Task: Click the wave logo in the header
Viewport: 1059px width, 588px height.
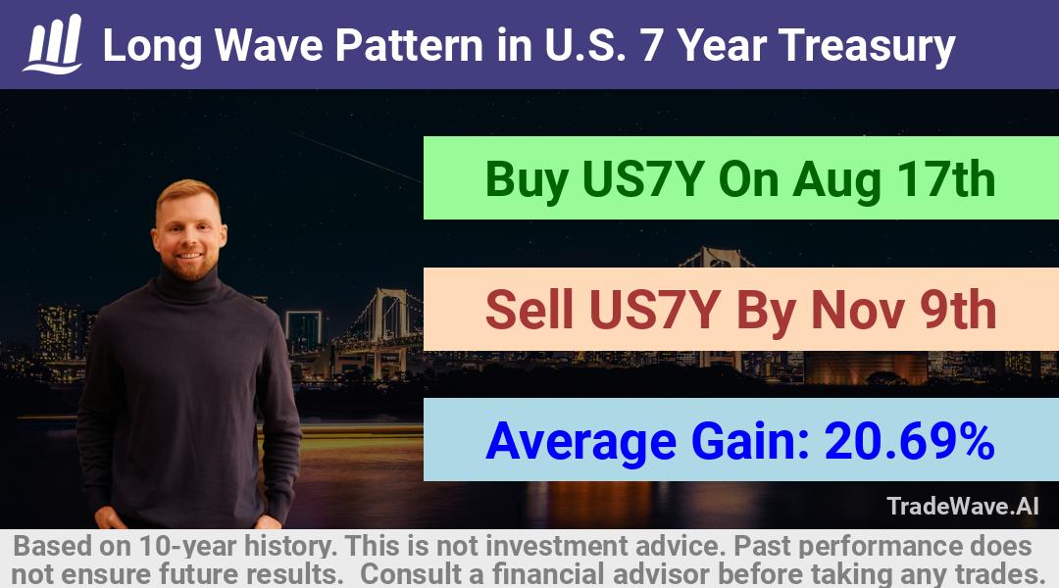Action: pyautogui.click(x=53, y=44)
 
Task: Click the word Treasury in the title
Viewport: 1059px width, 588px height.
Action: pyautogui.click(x=867, y=47)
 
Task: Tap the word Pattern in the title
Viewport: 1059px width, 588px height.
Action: pyautogui.click(x=409, y=45)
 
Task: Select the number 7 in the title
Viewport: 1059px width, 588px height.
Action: pyautogui.click(x=652, y=45)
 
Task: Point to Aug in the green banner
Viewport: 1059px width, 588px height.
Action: pyautogui.click(x=836, y=180)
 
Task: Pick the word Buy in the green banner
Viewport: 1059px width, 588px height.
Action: pyautogui.click(x=527, y=180)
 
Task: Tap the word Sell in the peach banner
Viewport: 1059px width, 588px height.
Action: pyautogui.click(x=529, y=310)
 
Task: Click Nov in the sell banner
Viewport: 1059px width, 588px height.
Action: pyautogui.click(x=857, y=310)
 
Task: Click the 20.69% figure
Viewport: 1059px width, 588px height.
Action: pyautogui.click(x=909, y=441)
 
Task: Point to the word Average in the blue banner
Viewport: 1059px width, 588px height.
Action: pyautogui.click(x=580, y=442)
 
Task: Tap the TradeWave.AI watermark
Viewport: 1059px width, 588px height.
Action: pyautogui.click(x=963, y=507)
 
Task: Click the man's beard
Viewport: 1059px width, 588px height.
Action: pyautogui.click(x=191, y=266)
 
